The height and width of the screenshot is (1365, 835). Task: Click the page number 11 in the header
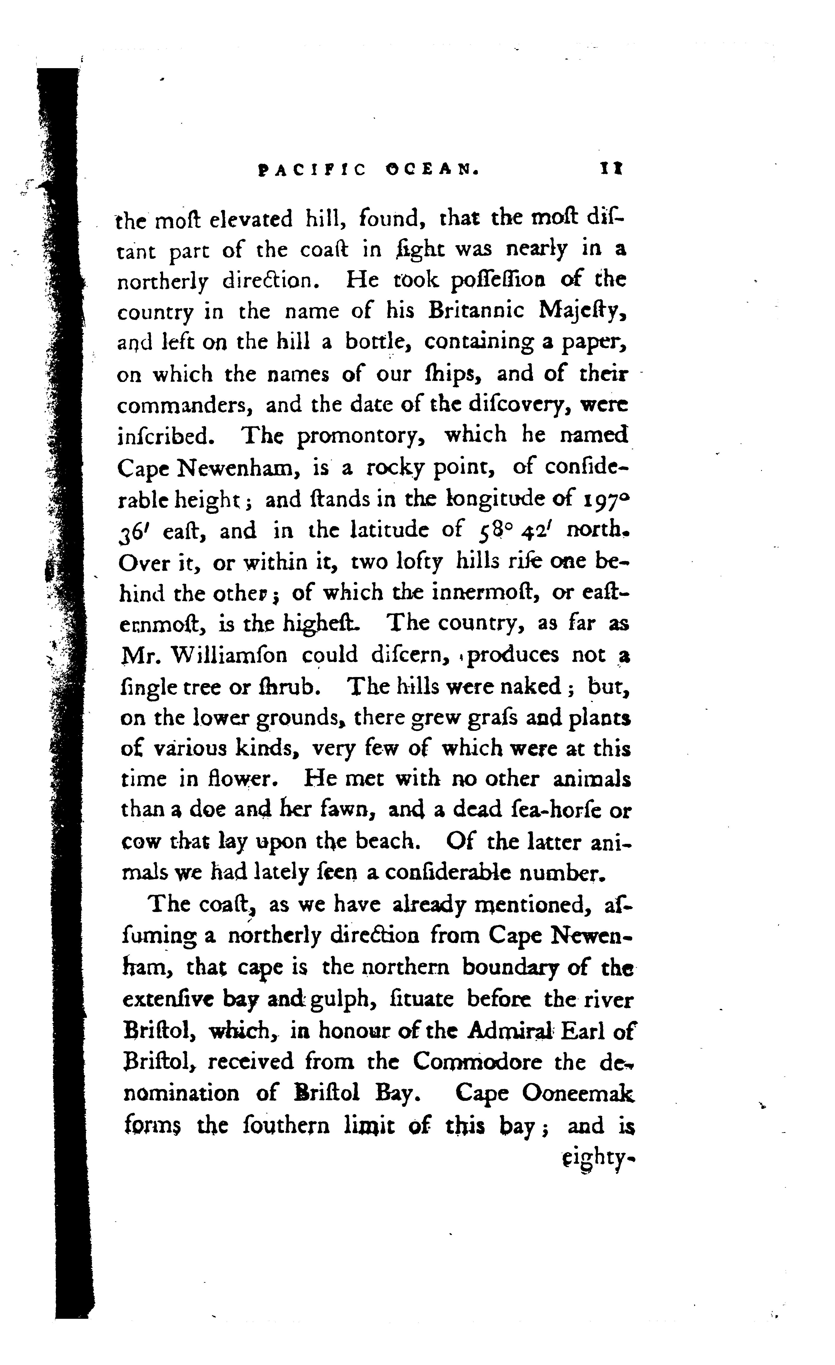[611, 168]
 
